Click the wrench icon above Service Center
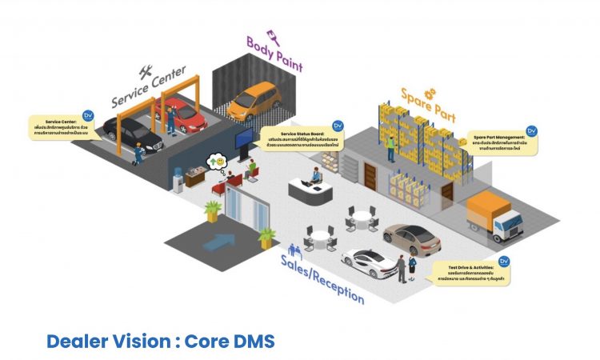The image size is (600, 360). tap(146, 70)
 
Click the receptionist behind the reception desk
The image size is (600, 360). tap(317, 176)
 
